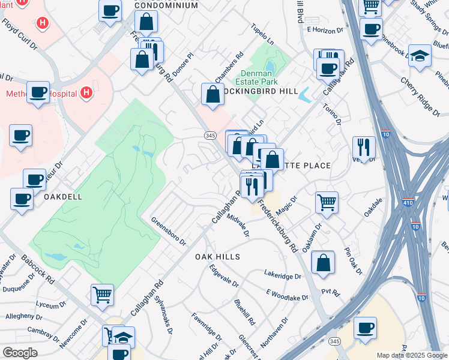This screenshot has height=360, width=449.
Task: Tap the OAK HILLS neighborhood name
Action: (x=217, y=257)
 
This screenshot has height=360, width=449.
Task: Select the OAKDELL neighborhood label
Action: (x=62, y=196)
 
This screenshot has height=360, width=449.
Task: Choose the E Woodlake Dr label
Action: (x=287, y=295)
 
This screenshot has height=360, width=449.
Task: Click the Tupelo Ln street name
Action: (x=262, y=40)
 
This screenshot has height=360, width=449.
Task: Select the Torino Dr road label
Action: (x=332, y=114)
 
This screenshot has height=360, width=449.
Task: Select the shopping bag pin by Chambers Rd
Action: (x=212, y=94)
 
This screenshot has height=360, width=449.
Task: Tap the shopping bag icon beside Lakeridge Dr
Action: (x=323, y=262)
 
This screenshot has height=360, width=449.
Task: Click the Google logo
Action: (x=20, y=353)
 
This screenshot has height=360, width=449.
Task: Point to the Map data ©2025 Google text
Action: (x=411, y=355)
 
